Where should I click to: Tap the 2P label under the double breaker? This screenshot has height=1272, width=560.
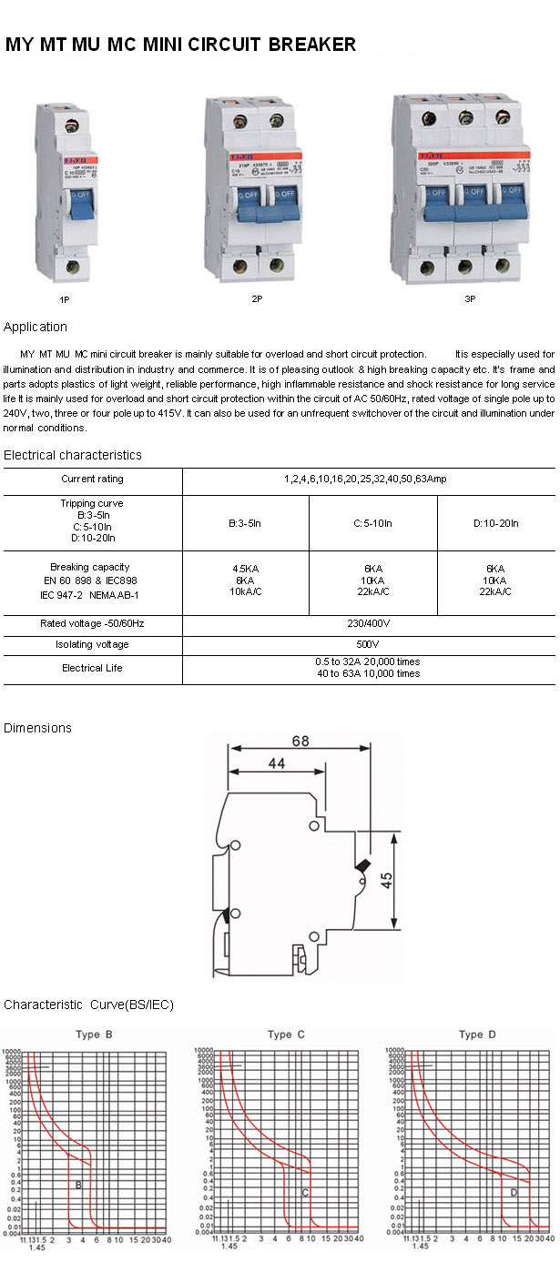258,298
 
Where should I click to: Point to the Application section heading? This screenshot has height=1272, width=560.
36,327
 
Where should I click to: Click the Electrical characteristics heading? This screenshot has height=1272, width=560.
73,455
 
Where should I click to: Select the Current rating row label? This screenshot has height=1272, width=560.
92,479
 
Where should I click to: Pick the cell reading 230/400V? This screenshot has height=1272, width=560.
368,623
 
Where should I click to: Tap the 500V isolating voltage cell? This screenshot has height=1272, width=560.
368,644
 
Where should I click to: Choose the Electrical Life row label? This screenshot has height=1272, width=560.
92,668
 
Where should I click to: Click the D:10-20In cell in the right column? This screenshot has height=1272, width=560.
496,523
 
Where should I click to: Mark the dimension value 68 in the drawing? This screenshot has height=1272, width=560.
300,741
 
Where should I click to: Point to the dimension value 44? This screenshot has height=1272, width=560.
277,766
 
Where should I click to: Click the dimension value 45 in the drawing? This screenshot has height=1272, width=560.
387,880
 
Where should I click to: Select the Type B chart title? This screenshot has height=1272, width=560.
94,1034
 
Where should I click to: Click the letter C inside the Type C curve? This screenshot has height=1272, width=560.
305,1192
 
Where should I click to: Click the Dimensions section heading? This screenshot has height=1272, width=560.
37,728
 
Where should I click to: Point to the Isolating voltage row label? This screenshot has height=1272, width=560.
92,644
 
